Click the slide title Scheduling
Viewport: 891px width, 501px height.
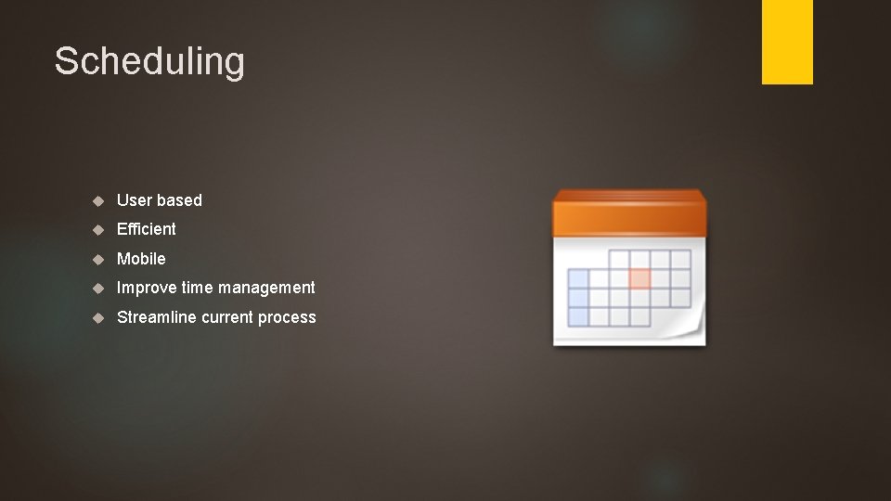tap(149, 61)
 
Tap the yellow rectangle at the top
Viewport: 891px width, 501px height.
tap(787, 42)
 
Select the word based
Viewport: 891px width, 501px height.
tap(179, 200)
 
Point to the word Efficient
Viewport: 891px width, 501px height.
tap(146, 229)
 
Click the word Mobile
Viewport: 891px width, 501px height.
tap(141, 259)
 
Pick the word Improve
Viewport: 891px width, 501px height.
tap(147, 288)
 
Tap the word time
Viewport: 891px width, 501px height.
tap(199, 288)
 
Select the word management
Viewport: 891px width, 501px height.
tap(268, 288)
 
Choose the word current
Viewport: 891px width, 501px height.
tap(227, 317)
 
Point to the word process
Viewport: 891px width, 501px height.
tap(287, 317)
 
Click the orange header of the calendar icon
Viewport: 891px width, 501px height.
tap(628, 213)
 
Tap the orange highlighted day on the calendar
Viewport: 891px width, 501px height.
tap(639, 278)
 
